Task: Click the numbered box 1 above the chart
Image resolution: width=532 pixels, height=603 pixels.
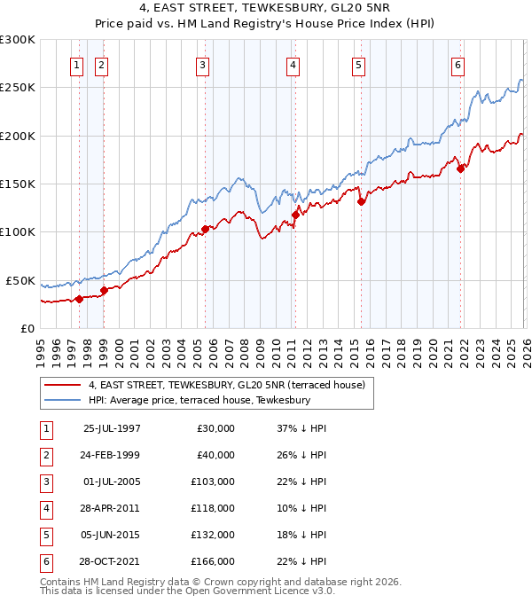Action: (76, 64)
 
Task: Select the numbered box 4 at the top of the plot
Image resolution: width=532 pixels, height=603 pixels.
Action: (293, 64)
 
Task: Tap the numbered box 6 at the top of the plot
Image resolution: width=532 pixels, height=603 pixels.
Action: (458, 64)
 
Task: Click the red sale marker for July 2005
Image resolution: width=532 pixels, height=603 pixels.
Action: (205, 229)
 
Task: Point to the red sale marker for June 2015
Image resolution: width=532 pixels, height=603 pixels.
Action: (361, 201)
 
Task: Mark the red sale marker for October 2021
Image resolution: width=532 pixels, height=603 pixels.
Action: (461, 168)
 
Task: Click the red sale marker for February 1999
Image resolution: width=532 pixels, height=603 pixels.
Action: (105, 289)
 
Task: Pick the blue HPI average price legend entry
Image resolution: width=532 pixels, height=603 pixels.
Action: (199, 400)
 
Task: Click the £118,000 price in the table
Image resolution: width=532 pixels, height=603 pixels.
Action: (213, 507)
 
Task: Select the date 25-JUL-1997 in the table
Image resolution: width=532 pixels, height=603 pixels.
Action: (112, 428)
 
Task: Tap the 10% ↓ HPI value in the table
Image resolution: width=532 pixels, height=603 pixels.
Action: (301, 507)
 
